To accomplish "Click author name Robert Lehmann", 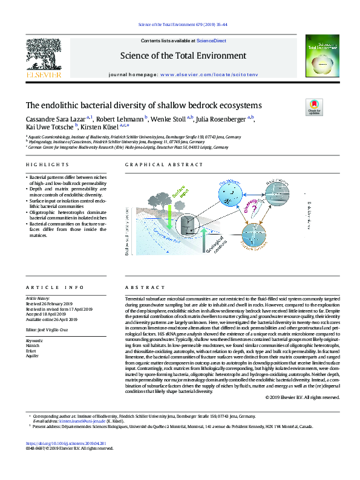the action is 121,120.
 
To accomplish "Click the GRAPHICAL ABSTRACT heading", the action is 154,165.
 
